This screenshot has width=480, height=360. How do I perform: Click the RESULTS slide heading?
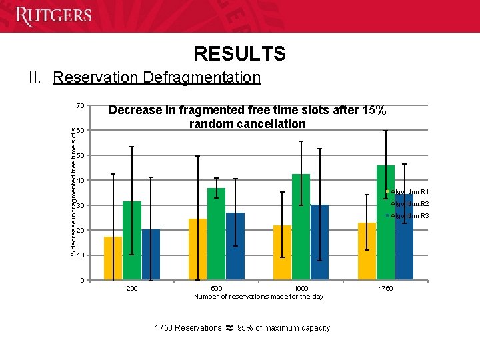pyautogui.click(x=239, y=53)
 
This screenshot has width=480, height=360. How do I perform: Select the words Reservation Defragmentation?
pyautogui.click(x=157, y=77)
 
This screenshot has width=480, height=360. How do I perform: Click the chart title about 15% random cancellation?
pyautogui.click(x=247, y=117)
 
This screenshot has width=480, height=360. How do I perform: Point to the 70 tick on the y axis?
pyautogui.click(x=80, y=105)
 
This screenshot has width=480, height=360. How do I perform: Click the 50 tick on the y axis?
pyautogui.click(x=80, y=155)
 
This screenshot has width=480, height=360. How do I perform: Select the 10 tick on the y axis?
pyautogui.click(x=80, y=255)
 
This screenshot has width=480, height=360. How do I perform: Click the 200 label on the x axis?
pyautogui.click(x=132, y=288)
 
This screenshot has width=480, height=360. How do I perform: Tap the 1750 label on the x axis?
pyautogui.click(x=385, y=288)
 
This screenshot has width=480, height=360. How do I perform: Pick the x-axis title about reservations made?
pyautogui.click(x=258, y=296)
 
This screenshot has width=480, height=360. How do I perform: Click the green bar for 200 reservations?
pyautogui.click(x=132, y=240)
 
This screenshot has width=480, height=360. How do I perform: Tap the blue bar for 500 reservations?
pyautogui.click(x=235, y=246)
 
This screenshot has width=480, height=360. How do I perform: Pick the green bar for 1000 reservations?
pyautogui.click(x=301, y=227)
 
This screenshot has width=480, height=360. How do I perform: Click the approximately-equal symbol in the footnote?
pyautogui.click(x=229, y=327)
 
